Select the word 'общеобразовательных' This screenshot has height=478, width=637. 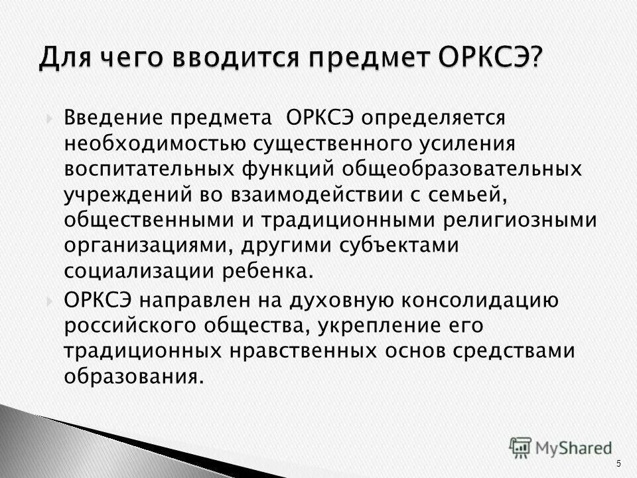tap(464, 168)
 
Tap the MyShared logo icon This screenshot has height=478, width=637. tap(522, 446)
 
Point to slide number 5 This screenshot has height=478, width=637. tap(619, 463)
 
